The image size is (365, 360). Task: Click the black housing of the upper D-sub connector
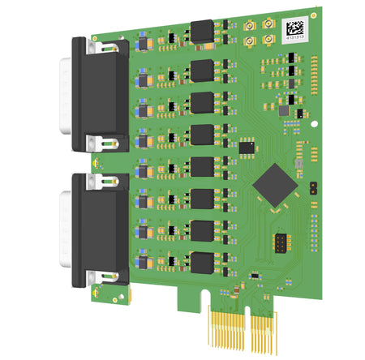coord(101,93)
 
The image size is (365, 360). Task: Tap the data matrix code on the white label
coord(294,25)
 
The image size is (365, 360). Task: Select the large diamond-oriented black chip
coord(273,184)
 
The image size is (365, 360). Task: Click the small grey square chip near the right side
coord(284,109)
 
